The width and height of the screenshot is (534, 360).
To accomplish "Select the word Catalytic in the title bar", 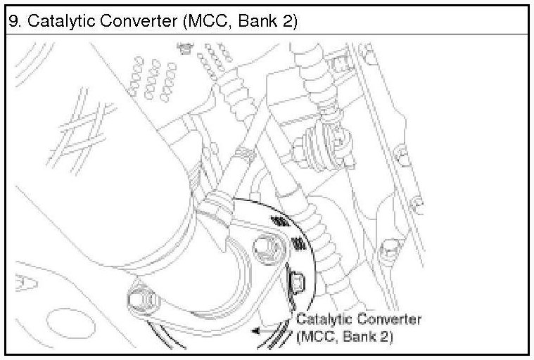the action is point(55,21).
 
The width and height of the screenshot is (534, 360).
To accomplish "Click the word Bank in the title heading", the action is point(260,21).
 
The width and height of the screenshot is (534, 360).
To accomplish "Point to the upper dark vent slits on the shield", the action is point(280,221).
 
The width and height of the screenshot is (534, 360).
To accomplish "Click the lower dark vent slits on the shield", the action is point(299,245).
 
